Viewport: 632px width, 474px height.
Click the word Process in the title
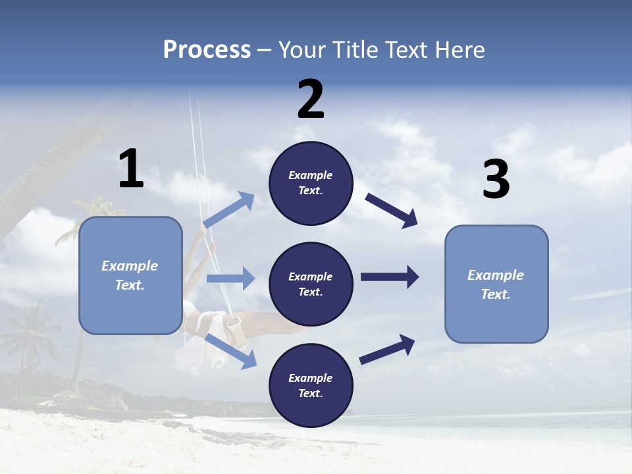pyautogui.click(x=207, y=50)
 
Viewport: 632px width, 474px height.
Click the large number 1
pyautogui.click(x=131, y=169)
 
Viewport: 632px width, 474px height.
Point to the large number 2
pyautogui.click(x=311, y=99)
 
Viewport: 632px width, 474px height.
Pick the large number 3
pyautogui.click(x=496, y=180)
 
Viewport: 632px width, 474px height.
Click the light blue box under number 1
pyautogui.click(x=130, y=275)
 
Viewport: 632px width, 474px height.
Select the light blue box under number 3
pyautogui.click(x=496, y=284)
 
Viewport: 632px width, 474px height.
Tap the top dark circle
pyautogui.click(x=311, y=183)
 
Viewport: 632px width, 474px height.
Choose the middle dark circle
pyautogui.click(x=311, y=284)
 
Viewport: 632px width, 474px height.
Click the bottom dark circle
pyautogui.click(x=311, y=385)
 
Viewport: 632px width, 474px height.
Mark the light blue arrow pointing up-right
pyautogui.click(x=229, y=210)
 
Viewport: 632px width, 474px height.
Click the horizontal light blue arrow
pyautogui.click(x=230, y=278)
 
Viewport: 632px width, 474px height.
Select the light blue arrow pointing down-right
pyautogui.click(x=231, y=351)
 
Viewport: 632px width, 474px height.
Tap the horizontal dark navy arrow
pyautogui.click(x=390, y=276)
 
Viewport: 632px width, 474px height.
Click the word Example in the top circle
pyautogui.click(x=311, y=175)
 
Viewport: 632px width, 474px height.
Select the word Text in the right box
pyautogui.click(x=495, y=294)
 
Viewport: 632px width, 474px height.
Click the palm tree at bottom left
pyautogui.click(x=26, y=336)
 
